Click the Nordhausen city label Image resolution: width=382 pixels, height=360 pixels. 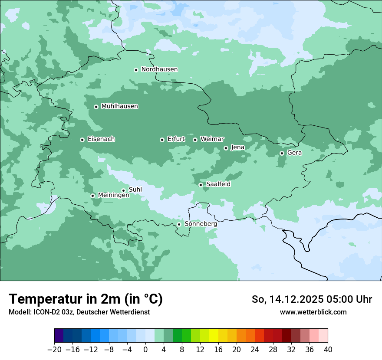pos(159,69)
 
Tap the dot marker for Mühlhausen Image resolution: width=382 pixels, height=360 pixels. pos(96,107)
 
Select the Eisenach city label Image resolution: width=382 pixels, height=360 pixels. pos(101,139)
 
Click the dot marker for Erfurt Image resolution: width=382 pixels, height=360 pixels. pos(162,140)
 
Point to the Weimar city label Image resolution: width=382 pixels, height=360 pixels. pos(212,139)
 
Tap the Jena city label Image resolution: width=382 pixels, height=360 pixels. pos(237,147)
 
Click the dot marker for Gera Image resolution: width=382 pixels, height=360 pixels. pos(282,153)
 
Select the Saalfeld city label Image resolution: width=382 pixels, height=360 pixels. pos(218,184)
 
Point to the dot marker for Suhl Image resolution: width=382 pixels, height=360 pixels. pos(123,190)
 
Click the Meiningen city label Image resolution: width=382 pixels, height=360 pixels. pos(113,195)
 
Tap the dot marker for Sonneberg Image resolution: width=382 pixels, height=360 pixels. pos(179,224)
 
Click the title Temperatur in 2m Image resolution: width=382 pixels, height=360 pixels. pos(86,299)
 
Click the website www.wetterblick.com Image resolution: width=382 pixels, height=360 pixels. pos(313,312)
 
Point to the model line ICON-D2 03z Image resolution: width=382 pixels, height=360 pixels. pos(79,312)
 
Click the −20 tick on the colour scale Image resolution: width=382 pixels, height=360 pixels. pos(54,349)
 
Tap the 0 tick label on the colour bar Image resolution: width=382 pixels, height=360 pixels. pos(145,349)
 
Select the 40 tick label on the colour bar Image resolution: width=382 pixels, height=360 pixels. pos(328,349)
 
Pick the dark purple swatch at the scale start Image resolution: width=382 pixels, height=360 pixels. pos(59,336)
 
